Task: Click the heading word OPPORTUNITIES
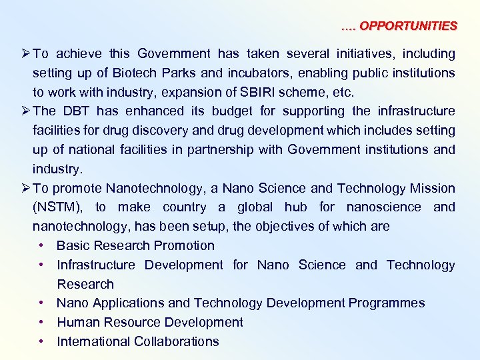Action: pos(408,26)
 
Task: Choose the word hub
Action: pos(298,207)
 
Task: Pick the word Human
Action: pos(78,322)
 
